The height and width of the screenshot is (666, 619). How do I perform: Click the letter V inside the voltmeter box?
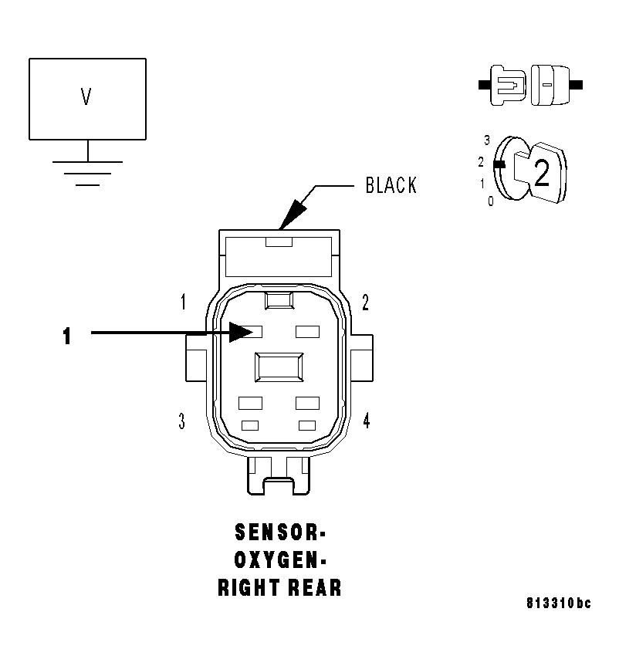[x=86, y=97]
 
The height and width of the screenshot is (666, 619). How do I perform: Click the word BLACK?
[x=391, y=186]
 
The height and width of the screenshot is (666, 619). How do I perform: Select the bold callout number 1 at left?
[x=67, y=336]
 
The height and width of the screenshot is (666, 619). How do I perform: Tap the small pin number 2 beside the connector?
[x=365, y=302]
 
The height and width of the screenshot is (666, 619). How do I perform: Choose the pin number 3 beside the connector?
[x=181, y=421]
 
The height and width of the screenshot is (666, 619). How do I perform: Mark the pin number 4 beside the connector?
[x=366, y=421]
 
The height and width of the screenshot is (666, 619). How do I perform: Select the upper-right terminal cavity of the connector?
[x=307, y=332]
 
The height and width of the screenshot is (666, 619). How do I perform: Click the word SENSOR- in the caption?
[x=279, y=533]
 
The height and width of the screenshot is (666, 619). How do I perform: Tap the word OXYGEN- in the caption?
[x=279, y=560]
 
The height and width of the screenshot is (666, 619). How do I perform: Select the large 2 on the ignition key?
[x=542, y=174]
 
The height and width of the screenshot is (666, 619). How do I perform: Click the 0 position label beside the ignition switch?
[x=490, y=201]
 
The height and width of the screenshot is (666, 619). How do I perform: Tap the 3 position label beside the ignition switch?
[x=487, y=140]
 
